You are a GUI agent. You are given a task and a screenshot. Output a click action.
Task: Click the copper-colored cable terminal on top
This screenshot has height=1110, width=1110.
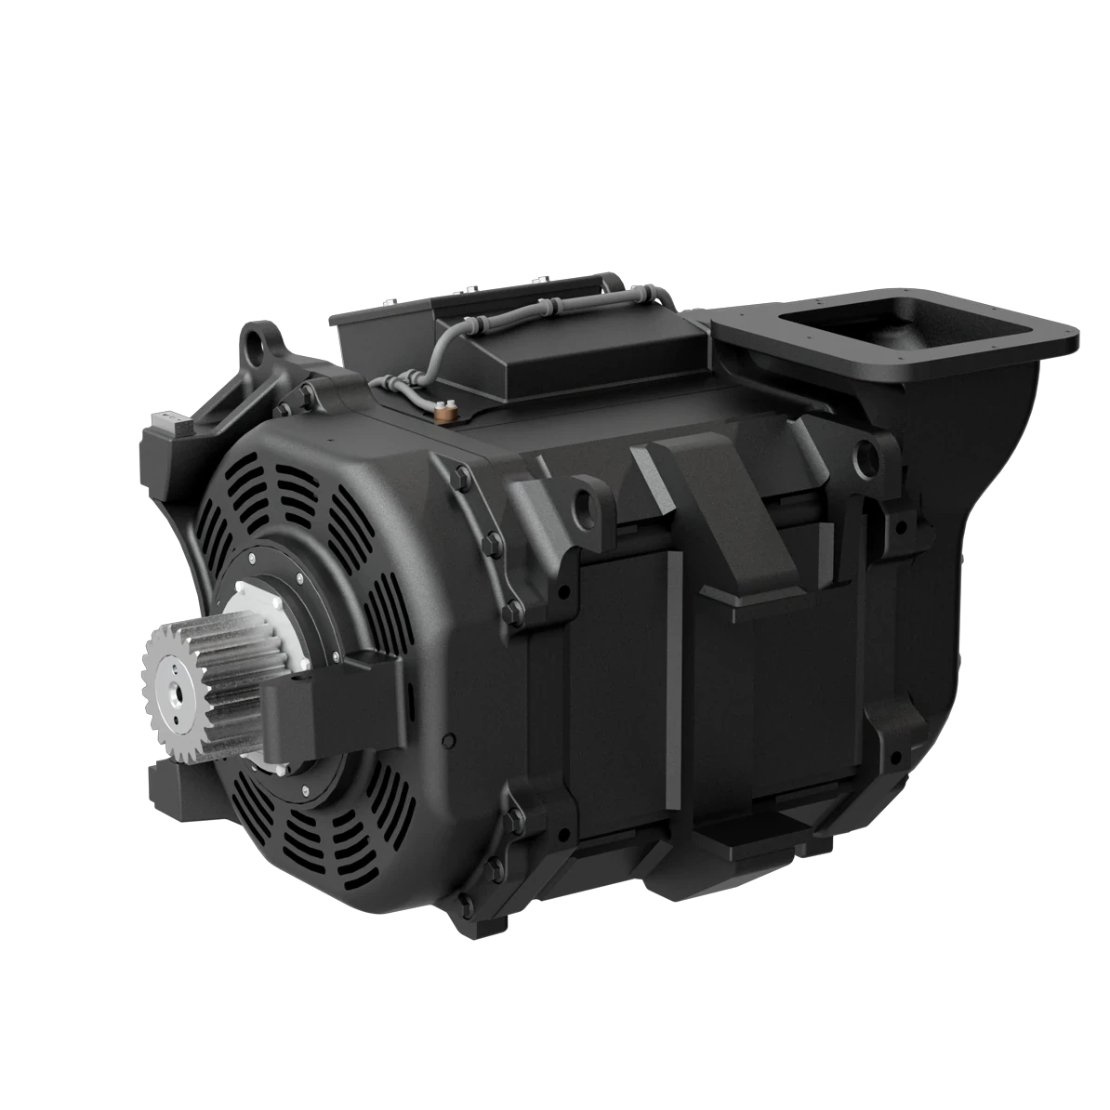(446, 409)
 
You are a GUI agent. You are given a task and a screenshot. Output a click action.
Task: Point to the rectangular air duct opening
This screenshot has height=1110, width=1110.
(855, 331)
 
